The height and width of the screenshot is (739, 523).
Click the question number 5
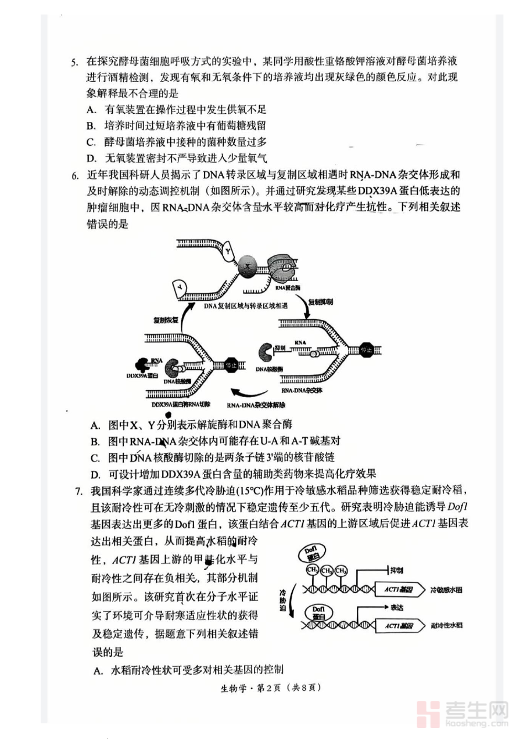click(x=74, y=61)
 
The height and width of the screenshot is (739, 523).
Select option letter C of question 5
click(x=91, y=142)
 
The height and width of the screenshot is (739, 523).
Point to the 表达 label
click(x=397, y=606)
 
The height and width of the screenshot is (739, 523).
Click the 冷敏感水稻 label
click(x=446, y=589)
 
